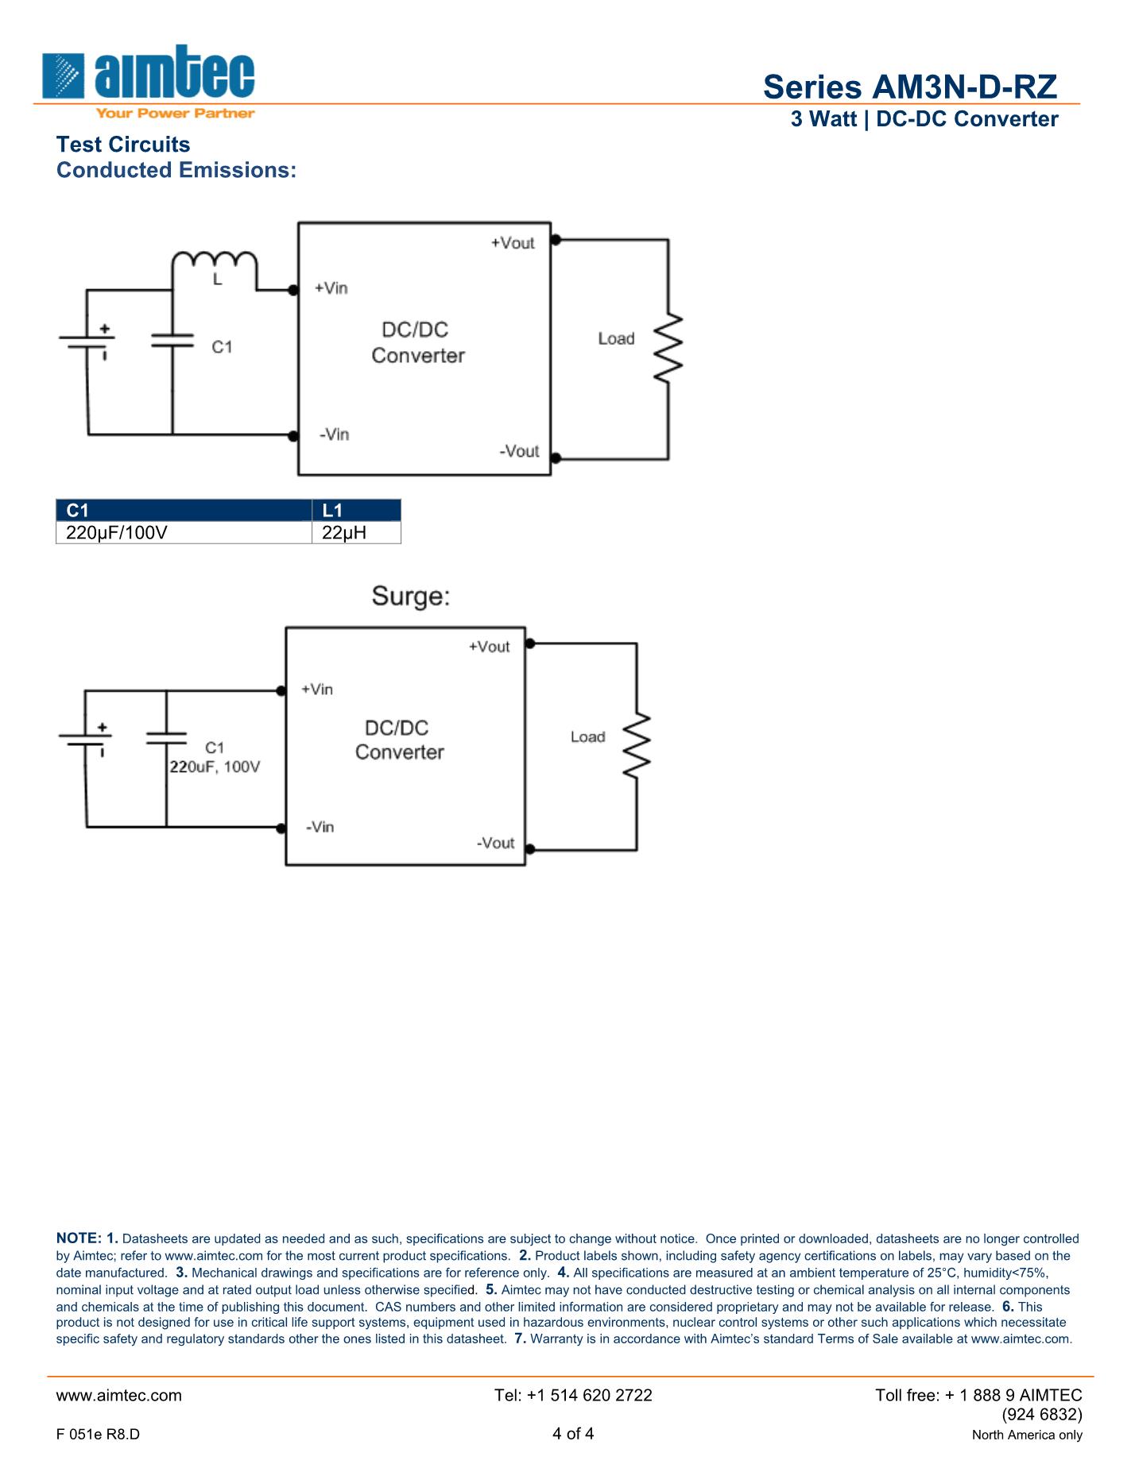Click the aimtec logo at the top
pos(149,79)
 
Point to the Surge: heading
pos(411,597)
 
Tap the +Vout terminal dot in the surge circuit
pos(530,643)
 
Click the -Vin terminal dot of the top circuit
pos(293,435)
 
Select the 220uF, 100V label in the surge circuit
pos(215,767)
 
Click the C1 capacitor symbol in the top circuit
pos(172,341)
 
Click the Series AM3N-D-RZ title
pos(910,87)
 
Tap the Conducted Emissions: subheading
pos(176,170)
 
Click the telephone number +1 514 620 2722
pos(573,1395)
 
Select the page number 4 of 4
pos(573,1434)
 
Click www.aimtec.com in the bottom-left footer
pos(119,1395)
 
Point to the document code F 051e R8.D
pos(98,1435)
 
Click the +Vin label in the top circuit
pos(331,288)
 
